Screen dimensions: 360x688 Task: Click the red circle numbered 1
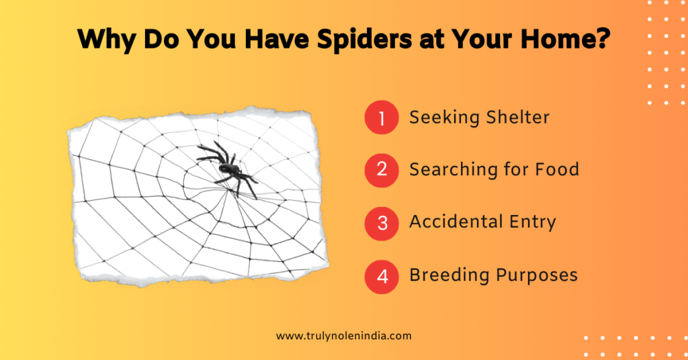coord(382,118)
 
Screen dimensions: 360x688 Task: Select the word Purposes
coord(537,275)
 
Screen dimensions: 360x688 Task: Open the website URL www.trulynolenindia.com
coord(343,336)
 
